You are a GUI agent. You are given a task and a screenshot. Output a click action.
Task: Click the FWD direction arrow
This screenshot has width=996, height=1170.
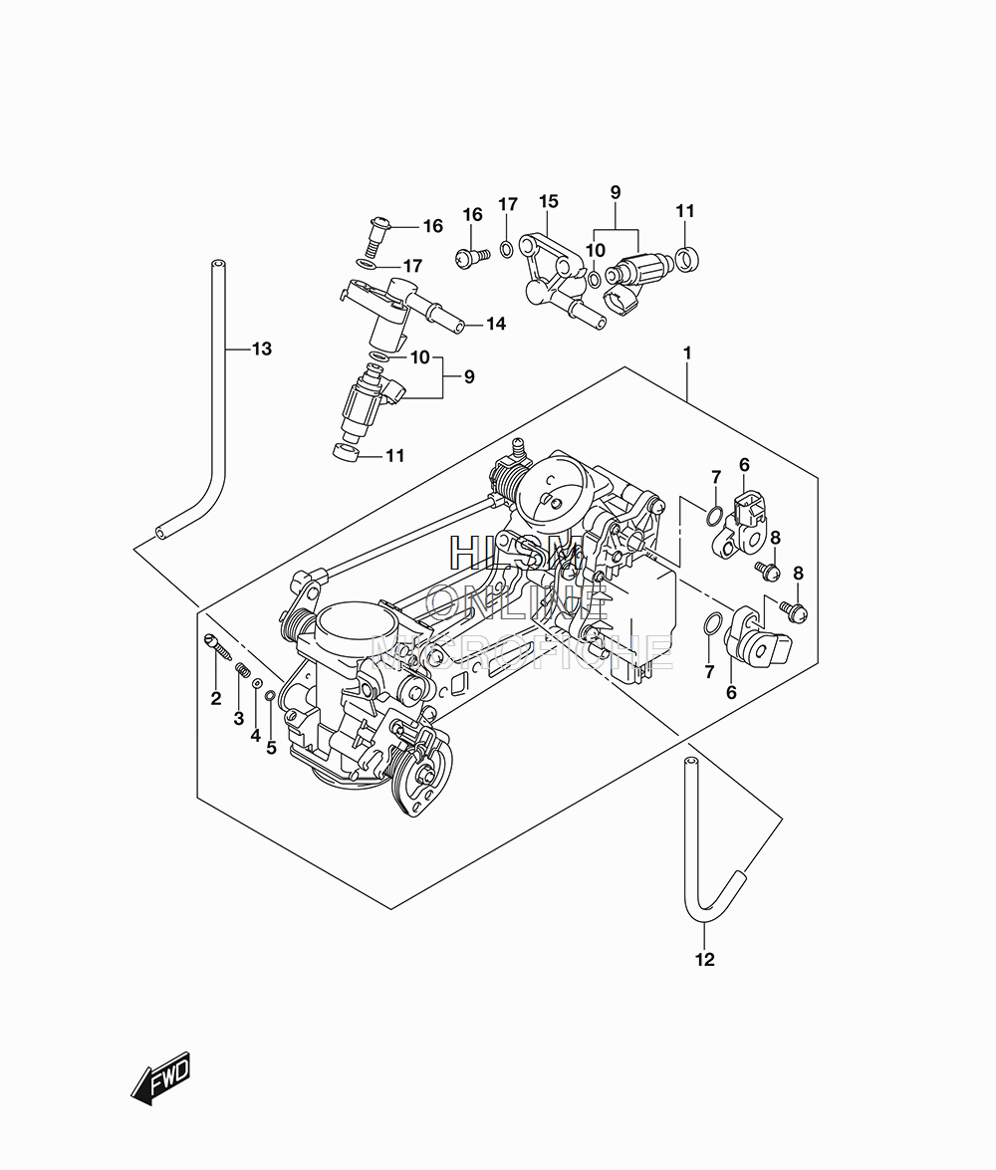[x=160, y=1077]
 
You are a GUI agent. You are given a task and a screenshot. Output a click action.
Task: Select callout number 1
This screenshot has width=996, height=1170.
[x=687, y=352]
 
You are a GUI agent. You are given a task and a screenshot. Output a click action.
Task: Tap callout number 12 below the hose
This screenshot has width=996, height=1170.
[x=705, y=960]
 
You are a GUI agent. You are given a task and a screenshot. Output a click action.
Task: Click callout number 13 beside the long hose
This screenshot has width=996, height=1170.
[x=261, y=349]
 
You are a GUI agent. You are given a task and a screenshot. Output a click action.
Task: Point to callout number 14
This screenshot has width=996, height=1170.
[x=496, y=324]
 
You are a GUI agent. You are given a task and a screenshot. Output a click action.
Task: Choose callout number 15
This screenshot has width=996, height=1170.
[x=548, y=201]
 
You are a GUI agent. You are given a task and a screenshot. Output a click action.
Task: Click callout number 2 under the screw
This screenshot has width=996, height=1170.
[x=216, y=699]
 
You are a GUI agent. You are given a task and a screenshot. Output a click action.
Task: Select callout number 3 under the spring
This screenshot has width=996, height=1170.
[x=239, y=719]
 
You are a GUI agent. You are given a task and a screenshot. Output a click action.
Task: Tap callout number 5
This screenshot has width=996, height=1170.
[x=271, y=747]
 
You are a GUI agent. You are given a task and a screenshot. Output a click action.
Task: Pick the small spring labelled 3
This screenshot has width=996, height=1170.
[x=241, y=671]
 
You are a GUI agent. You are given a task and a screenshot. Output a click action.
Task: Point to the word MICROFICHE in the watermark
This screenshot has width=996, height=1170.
[x=522, y=652]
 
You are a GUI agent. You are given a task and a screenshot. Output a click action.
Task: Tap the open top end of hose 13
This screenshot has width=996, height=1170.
[x=217, y=265]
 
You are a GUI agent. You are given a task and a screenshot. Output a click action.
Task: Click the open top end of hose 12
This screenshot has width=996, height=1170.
[x=690, y=763]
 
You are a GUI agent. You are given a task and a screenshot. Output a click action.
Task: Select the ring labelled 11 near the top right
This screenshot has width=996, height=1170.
[x=687, y=258]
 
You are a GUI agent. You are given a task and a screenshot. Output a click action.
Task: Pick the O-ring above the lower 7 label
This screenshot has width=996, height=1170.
[x=713, y=622]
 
